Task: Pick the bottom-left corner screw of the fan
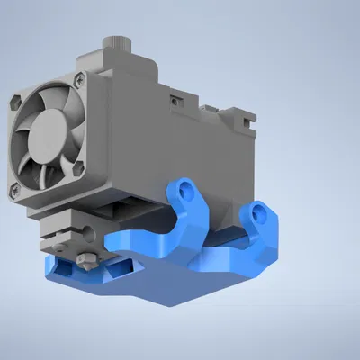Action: pos(13,190)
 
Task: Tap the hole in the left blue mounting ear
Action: pos(186,192)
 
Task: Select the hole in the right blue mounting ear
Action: pos(260,213)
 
